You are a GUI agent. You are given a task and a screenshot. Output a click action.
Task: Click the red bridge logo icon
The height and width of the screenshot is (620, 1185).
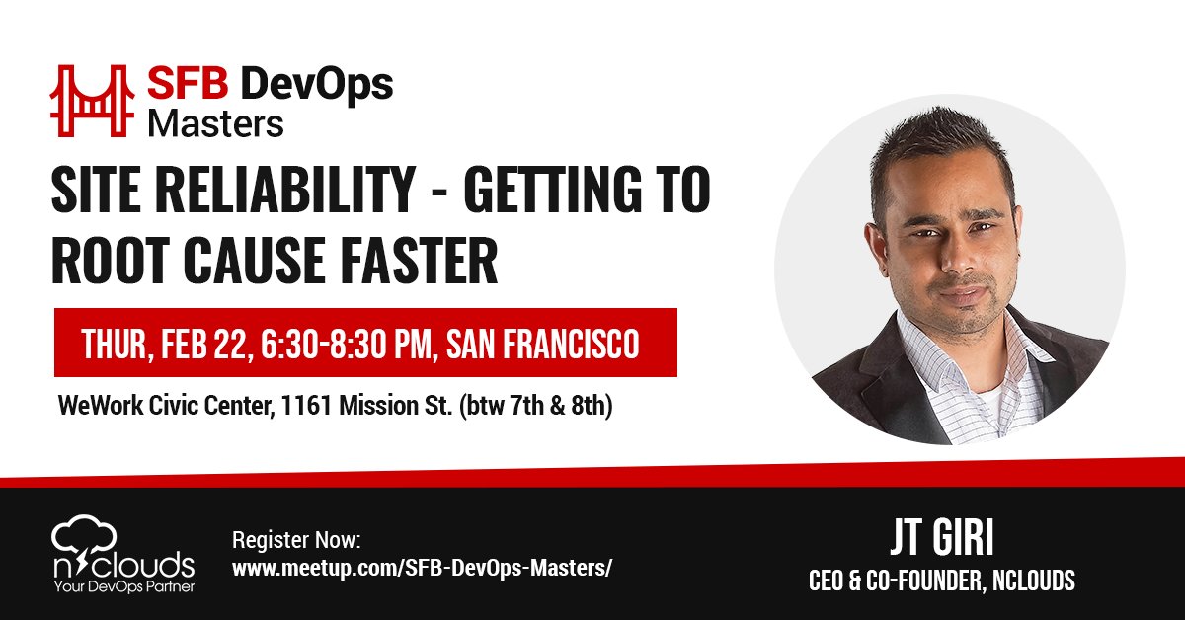point(94,100)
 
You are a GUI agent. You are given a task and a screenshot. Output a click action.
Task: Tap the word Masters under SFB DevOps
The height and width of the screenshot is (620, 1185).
point(215,123)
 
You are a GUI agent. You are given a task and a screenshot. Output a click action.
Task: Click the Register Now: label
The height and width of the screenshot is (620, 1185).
point(297,541)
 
